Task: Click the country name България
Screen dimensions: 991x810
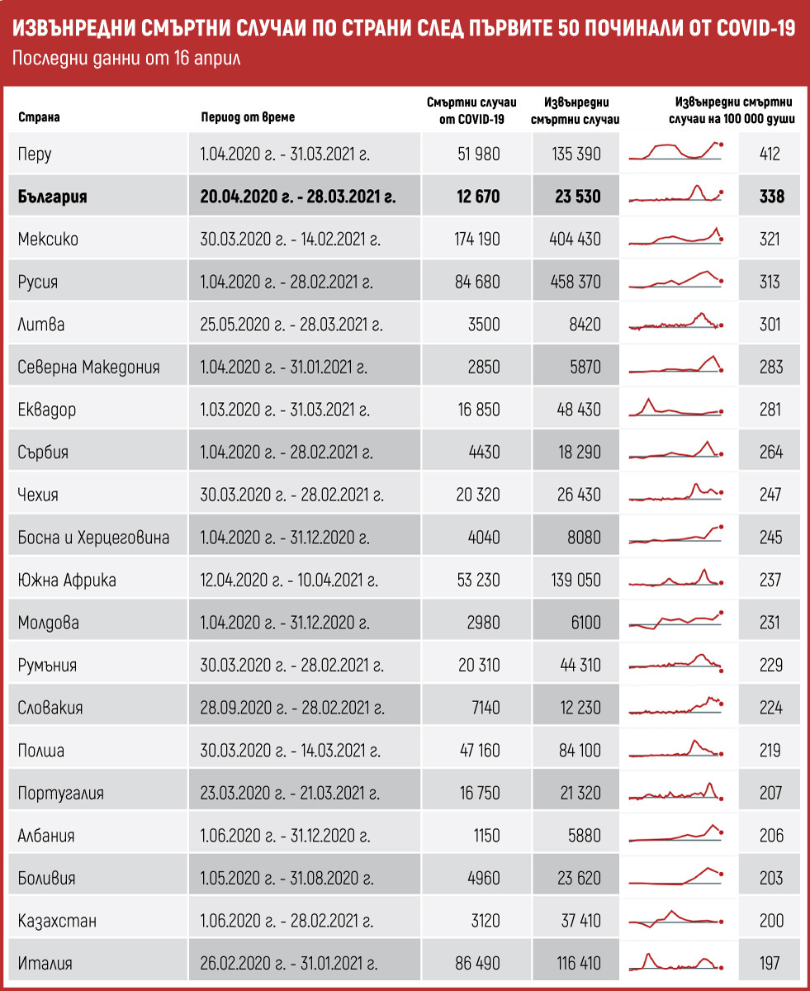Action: coord(52,197)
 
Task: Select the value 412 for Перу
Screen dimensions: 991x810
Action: coord(770,154)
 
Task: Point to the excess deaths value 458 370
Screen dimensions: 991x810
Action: coord(575,282)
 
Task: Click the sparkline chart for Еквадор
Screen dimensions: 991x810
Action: coord(675,409)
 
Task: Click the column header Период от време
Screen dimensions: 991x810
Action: coord(247,117)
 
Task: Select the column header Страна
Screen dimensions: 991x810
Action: coord(39,117)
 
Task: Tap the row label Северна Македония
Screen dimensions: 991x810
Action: coord(88,367)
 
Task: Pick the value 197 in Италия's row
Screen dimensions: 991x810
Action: coord(770,963)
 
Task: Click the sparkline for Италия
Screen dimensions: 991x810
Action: coord(675,963)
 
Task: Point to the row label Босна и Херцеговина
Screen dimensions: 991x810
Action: coord(93,538)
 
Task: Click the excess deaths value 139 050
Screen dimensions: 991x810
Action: coord(575,581)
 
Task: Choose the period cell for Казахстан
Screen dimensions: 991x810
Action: coord(286,921)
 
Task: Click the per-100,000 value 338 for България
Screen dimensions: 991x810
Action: coord(770,197)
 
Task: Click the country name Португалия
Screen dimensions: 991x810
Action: coord(60,794)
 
